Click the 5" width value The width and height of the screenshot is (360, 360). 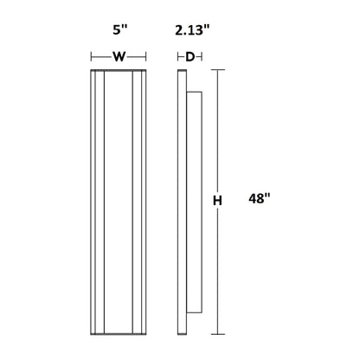119,29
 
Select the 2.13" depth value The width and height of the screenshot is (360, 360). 192,30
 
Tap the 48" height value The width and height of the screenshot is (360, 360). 260,198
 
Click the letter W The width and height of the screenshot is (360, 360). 119,57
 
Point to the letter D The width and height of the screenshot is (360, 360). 190,57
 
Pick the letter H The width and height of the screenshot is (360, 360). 217,201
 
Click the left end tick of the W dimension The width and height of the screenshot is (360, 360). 91,57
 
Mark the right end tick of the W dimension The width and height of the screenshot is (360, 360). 146,57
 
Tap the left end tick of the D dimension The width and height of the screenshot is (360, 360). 177,57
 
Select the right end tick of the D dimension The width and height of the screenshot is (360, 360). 202,57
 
